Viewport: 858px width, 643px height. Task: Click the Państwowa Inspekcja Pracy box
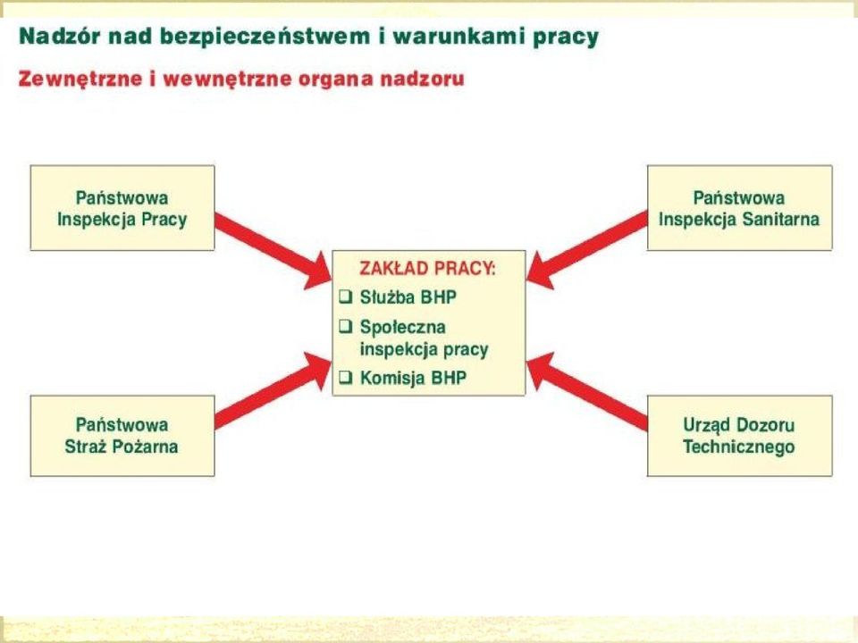tap(122, 208)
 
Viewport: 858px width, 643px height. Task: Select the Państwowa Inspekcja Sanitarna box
tap(739, 208)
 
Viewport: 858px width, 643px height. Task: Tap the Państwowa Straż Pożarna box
tap(122, 436)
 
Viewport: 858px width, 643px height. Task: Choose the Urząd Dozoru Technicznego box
tap(739, 436)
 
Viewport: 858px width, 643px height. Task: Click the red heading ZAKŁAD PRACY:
tap(427, 269)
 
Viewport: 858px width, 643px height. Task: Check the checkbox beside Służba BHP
tap(345, 296)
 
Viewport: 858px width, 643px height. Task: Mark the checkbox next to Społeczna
tap(345, 327)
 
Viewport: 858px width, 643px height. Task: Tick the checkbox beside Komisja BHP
tap(345, 377)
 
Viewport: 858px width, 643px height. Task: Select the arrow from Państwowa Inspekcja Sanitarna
tap(586, 248)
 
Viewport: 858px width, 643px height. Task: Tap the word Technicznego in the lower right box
tap(739, 447)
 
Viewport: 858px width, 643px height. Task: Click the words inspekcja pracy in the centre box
tap(424, 350)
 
